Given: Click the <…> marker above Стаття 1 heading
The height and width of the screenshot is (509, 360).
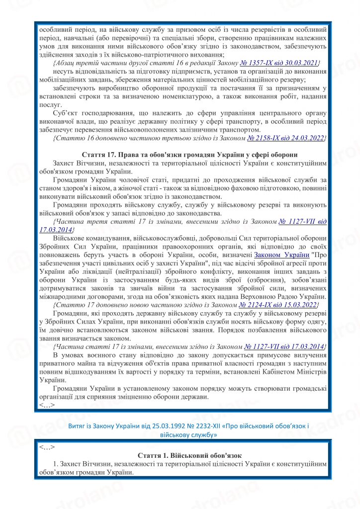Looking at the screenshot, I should tap(47, 446).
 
